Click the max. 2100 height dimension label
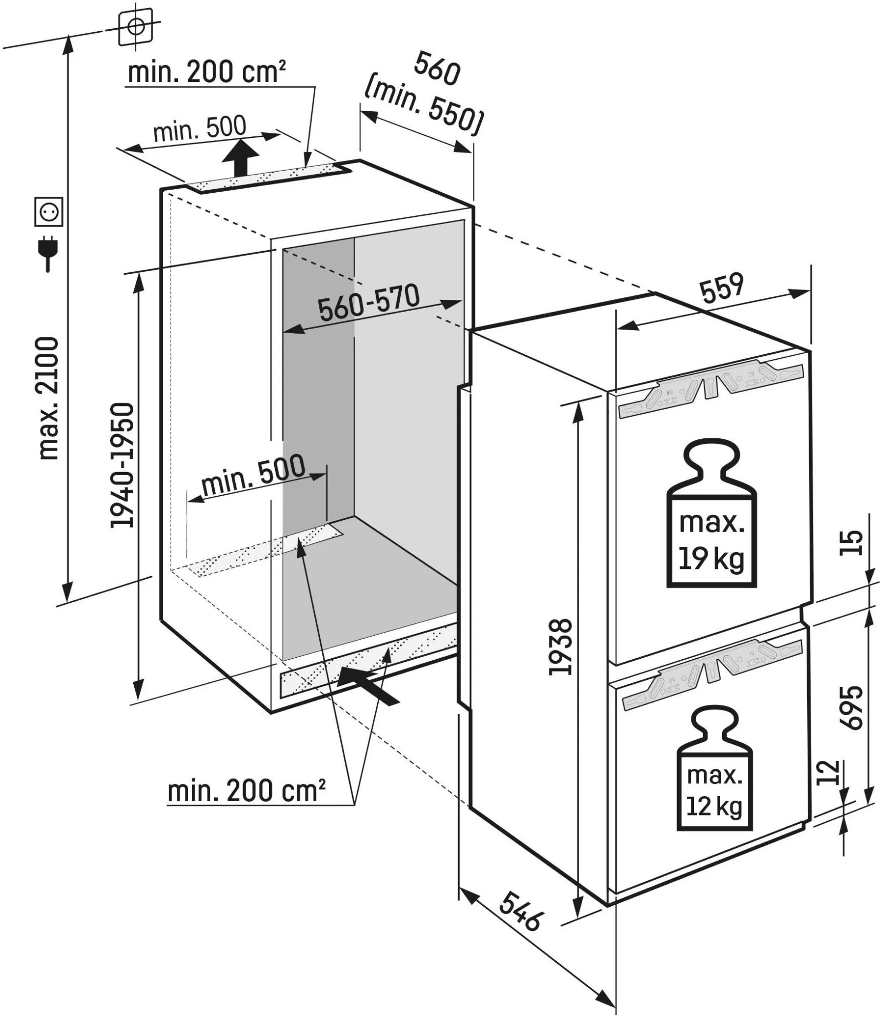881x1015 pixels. pos(50,398)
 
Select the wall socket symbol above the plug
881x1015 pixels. pos(49,212)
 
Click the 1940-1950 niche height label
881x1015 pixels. pos(123,465)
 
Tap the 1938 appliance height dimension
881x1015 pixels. pos(560,647)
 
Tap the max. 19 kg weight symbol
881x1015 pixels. pos(711,513)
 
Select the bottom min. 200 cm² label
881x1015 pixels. pos(247,791)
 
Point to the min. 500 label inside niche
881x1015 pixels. pos(253,475)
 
